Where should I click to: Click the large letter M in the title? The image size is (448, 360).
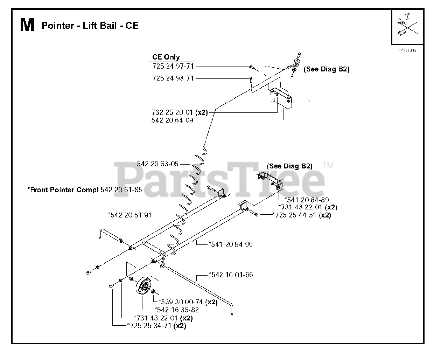27,26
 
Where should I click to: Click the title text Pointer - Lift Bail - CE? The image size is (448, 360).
90,26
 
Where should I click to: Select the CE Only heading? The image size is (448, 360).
166,57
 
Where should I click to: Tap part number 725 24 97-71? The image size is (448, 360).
173,66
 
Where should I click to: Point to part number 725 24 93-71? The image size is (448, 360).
173,78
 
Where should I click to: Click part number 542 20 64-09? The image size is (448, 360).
172,120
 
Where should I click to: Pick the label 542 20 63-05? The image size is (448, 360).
157,164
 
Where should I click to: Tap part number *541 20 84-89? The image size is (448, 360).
307,200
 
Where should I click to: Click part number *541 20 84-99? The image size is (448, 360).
230,244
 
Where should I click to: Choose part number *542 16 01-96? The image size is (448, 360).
231,275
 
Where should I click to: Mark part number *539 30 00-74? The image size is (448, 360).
181,302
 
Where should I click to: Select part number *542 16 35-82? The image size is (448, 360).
176,310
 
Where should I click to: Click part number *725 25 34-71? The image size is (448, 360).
151,326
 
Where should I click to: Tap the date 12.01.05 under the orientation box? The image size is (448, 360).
406,50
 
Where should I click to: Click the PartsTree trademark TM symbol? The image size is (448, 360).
328,165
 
